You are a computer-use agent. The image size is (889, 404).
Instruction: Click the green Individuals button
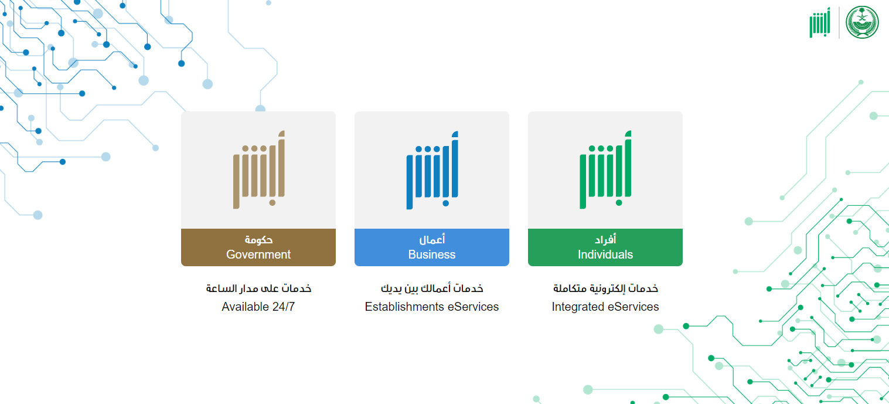click(605, 247)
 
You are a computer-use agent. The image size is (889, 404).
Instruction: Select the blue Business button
click(432, 247)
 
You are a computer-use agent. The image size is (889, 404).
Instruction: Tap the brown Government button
click(258, 247)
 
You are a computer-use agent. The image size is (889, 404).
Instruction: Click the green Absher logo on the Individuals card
click(605, 169)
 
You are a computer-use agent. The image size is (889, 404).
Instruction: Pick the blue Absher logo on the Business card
click(432, 170)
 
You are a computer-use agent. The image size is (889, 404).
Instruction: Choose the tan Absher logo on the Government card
click(259, 169)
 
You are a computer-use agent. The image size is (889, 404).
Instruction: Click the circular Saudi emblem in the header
click(862, 22)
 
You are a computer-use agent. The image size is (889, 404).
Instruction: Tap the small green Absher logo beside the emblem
click(820, 23)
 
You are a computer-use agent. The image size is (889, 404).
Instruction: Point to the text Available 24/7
click(258, 307)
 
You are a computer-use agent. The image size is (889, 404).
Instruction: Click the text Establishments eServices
click(432, 307)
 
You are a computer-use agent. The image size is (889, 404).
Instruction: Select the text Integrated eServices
click(605, 307)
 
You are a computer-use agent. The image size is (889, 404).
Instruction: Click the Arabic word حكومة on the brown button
click(258, 240)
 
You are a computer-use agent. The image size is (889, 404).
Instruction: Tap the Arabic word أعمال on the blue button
click(432, 240)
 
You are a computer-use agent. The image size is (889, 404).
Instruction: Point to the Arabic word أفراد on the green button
click(605, 240)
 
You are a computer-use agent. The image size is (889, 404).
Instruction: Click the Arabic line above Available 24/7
click(258, 288)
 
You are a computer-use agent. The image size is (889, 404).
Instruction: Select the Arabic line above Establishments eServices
click(432, 288)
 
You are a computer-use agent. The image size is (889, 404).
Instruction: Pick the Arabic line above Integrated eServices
click(605, 288)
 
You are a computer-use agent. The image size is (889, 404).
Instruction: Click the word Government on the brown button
click(258, 254)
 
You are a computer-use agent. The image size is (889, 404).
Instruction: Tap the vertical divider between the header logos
click(839, 23)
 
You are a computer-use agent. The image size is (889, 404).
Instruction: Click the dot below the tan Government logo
click(273, 203)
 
